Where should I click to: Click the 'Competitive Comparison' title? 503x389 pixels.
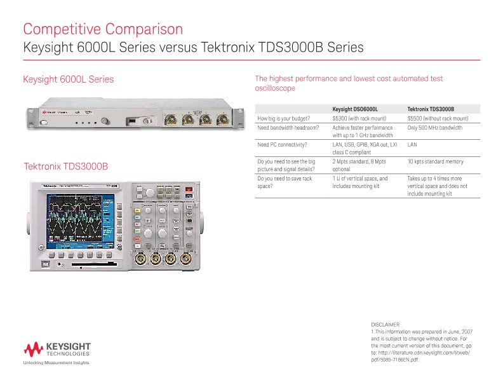(x=103, y=29)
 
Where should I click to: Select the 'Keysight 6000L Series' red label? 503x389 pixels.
(x=69, y=79)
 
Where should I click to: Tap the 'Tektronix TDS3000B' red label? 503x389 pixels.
(x=66, y=167)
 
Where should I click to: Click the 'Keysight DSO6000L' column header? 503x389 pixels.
(x=355, y=109)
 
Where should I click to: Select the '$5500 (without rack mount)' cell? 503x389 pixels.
(x=438, y=118)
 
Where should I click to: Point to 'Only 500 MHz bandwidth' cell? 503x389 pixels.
(x=435, y=128)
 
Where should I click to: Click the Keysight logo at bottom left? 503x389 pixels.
(x=57, y=350)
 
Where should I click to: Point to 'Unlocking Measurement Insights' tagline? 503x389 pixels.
(x=56, y=363)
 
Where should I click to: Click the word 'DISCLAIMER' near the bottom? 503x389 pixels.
(x=385, y=325)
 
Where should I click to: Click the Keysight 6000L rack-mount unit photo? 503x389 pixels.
(x=134, y=119)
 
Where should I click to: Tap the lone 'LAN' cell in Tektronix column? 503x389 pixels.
(x=412, y=145)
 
